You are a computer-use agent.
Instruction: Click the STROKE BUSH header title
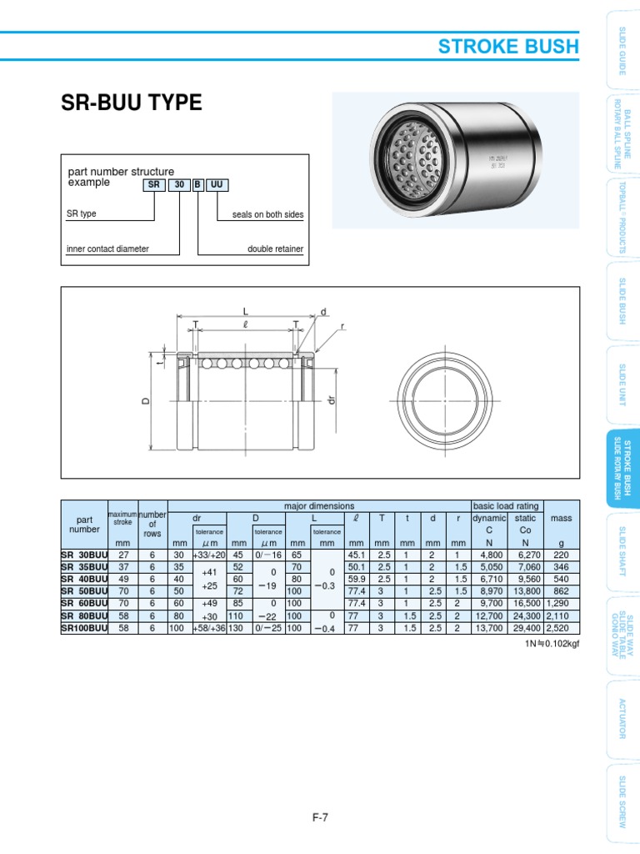507,46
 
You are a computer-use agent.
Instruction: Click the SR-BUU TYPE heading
132,103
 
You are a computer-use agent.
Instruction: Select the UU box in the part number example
217,185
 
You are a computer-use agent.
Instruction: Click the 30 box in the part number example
180,185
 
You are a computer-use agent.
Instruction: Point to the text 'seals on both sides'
267,214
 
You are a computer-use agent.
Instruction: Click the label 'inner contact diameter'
108,249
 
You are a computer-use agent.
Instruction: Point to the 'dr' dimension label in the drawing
331,400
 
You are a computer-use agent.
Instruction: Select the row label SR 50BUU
85,590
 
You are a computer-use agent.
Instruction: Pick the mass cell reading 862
562,590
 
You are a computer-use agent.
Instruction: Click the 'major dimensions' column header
319,506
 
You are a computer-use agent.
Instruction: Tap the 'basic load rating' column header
506,506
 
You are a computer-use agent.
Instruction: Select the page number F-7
320,817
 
